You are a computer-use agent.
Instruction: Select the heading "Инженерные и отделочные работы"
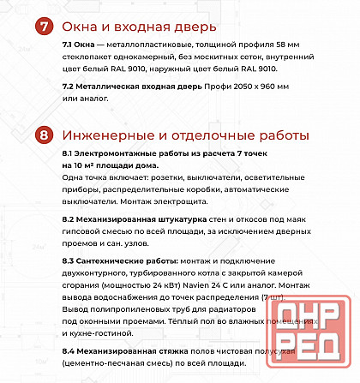[185, 135]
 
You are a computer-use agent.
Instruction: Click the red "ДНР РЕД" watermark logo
[308, 338]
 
